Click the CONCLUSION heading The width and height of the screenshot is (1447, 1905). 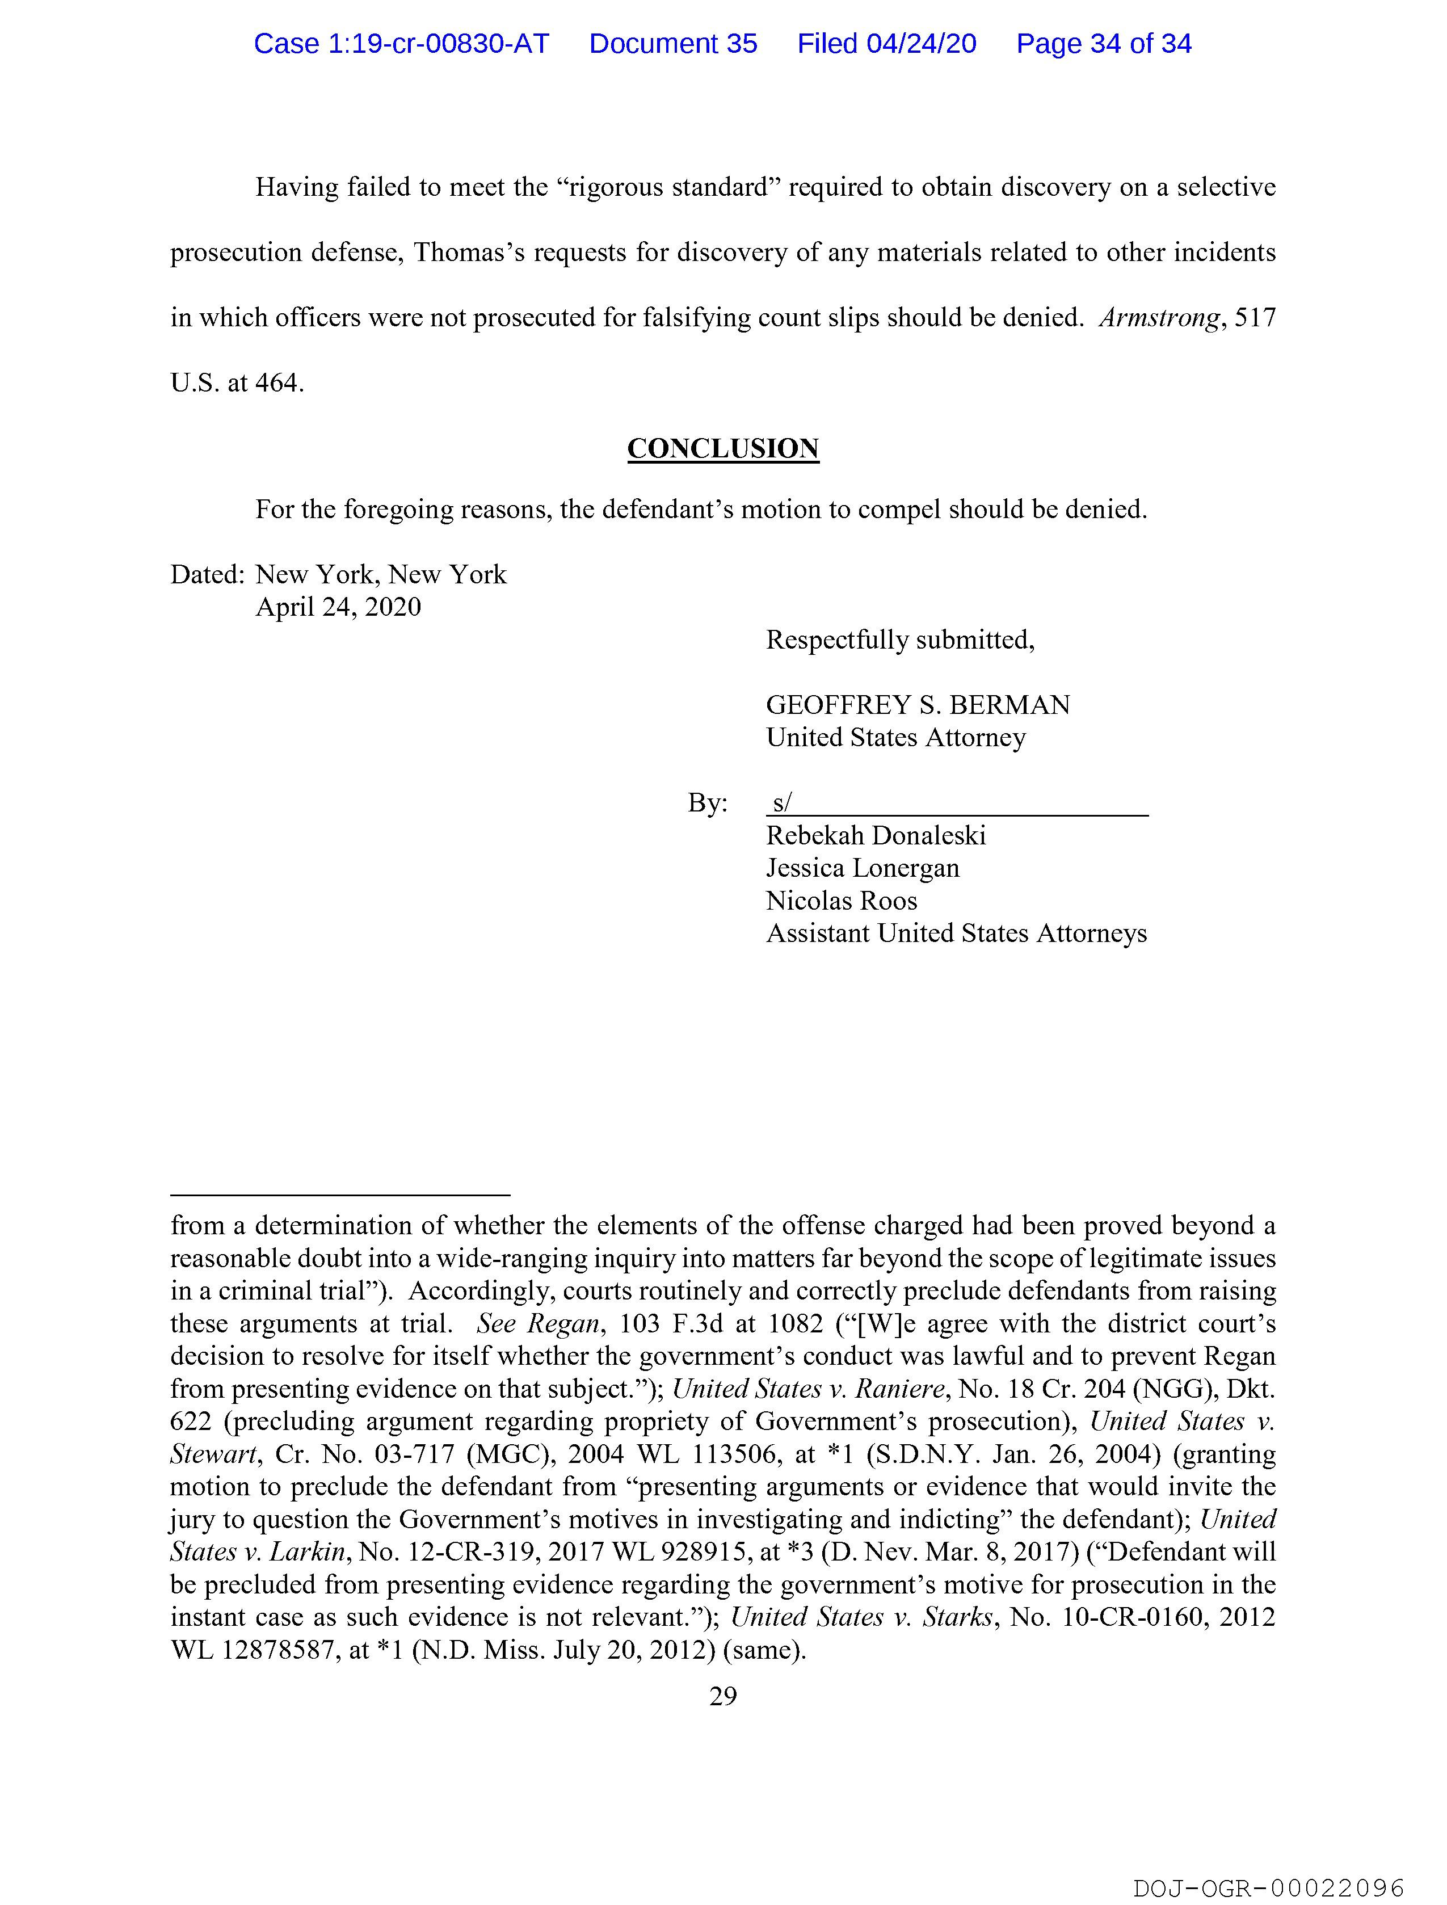[722, 449]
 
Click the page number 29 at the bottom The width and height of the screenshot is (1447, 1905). [722, 1697]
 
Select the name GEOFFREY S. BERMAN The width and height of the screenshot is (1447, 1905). [918, 705]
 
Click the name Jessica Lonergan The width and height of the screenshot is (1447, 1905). [862, 868]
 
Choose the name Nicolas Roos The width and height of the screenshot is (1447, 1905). [842, 901]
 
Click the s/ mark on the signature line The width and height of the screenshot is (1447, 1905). [781, 802]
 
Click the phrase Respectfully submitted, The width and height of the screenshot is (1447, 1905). [900, 640]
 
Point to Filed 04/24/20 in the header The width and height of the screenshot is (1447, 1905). [886, 44]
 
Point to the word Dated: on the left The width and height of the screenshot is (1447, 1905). [208, 574]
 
